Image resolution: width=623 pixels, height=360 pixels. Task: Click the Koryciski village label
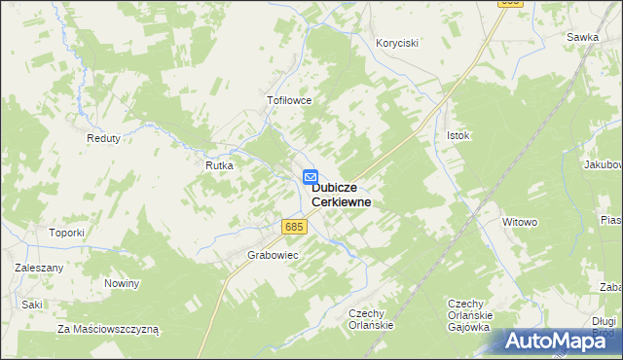(x=397, y=43)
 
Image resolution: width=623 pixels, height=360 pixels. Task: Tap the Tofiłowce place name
(x=288, y=100)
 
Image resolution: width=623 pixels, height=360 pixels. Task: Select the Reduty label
(x=103, y=138)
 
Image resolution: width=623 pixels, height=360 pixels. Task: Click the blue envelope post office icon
(x=310, y=177)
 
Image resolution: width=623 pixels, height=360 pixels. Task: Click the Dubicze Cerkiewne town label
(x=341, y=195)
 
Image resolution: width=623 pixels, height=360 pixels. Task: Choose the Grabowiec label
(x=273, y=255)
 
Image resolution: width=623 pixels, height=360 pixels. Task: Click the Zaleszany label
(x=39, y=267)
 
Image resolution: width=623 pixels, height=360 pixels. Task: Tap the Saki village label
(x=33, y=305)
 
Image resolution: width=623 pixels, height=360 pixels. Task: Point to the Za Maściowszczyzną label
(x=108, y=329)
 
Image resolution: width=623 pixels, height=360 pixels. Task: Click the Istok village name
(x=458, y=135)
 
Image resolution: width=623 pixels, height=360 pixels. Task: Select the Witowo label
(x=520, y=222)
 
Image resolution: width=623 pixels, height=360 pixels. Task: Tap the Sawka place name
(x=582, y=37)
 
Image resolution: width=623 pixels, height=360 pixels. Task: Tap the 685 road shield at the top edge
(x=511, y=4)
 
